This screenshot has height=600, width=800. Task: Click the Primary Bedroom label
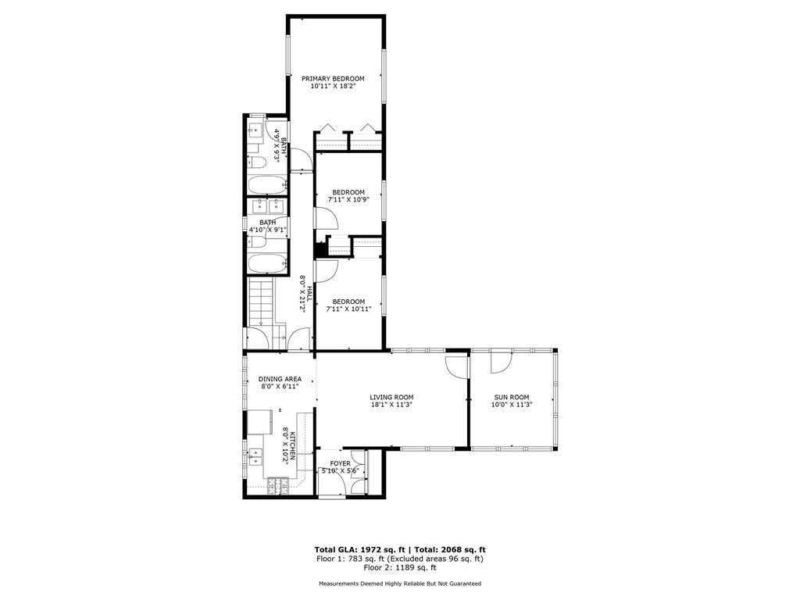[x=333, y=79]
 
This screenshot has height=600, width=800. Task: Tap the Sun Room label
[x=511, y=397]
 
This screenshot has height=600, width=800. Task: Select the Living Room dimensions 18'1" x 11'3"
[x=391, y=405]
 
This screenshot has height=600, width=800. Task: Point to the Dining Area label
[x=280, y=379]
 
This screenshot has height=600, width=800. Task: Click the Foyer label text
[x=340, y=463]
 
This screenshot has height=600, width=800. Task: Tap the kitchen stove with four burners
[x=278, y=485]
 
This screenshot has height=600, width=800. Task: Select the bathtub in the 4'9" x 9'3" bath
[x=268, y=184]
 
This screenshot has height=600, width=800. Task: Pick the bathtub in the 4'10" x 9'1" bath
[x=268, y=264]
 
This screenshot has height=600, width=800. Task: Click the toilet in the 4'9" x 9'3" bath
[x=256, y=162]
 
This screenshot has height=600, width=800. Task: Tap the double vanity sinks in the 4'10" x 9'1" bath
[x=269, y=206]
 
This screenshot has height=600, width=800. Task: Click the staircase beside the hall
[x=261, y=302]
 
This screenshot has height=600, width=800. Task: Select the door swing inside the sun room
[x=500, y=363]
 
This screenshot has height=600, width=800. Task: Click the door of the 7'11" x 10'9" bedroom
[x=327, y=219]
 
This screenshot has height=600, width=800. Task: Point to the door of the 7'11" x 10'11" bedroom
[x=327, y=270]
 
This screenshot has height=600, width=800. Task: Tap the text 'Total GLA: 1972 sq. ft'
[x=359, y=549]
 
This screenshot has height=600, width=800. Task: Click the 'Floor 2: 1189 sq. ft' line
[x=400, y=567]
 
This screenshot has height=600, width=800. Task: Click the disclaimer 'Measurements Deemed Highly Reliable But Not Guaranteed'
[x=400, y=583]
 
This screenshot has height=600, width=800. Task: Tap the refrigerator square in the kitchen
[x=260, y=421]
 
